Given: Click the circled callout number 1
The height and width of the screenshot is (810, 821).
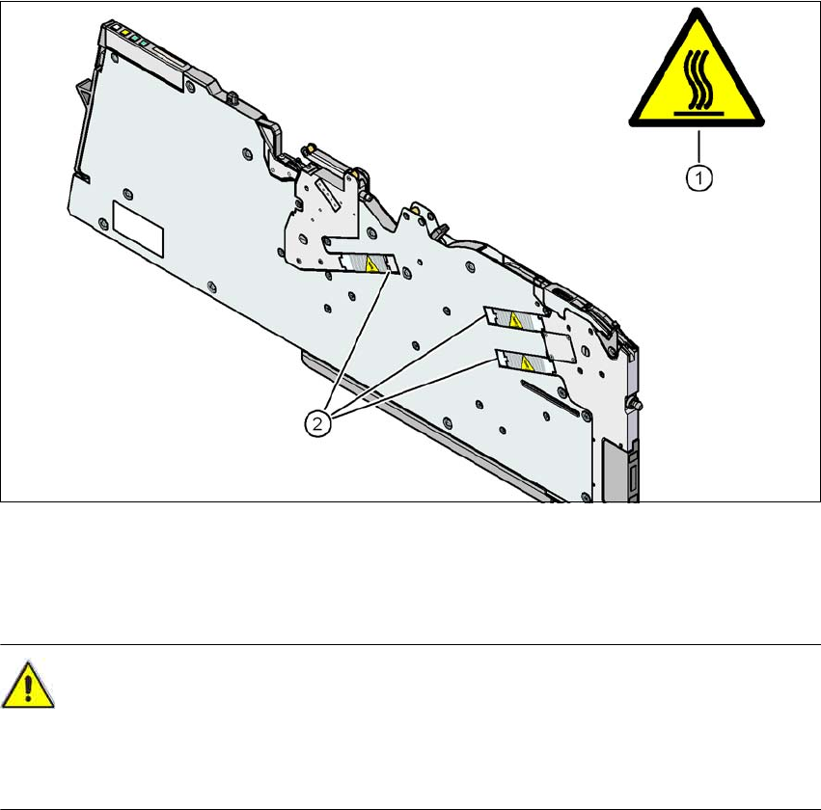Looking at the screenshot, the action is pyautogui.click(x=699, y=177).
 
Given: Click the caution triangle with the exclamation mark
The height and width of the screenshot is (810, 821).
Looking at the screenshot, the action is pyautogui.click(x=27, y=687).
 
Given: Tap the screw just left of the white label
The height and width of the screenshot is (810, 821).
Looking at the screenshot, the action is pyautogui.click(x=102, y=224).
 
